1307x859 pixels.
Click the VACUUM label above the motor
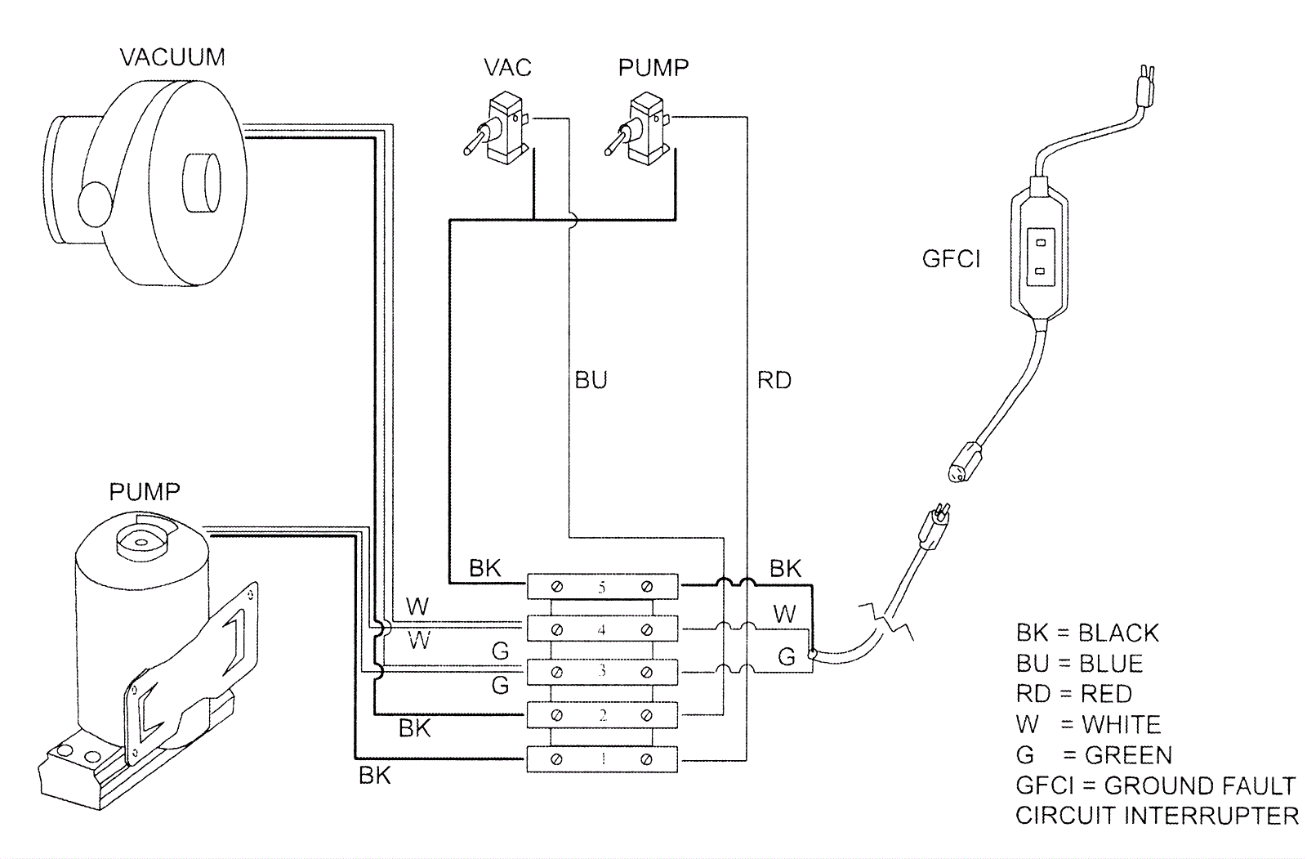pos(172,57)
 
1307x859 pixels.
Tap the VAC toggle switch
pos(499,131)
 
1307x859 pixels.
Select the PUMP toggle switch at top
pos(640,131)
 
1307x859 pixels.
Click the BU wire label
pos(591,380)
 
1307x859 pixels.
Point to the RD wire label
pos(774,380)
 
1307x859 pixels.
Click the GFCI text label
pos(951,259)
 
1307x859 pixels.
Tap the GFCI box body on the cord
pos(1039,253)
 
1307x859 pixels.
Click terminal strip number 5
pos(602,587)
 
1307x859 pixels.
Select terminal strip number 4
pos(602,629)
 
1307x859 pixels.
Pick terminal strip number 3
pos(602,672)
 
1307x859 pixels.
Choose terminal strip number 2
pos(602,715)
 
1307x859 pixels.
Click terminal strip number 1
pos(602,759)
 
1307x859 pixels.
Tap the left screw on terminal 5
pos(557,587)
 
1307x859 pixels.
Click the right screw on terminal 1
pos(646,759)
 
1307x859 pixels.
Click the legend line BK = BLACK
pos(1087,633)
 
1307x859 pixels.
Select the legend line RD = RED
pos(1073,694)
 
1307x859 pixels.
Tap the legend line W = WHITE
pos(1088,724)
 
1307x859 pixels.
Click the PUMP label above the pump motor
pos(145,492)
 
